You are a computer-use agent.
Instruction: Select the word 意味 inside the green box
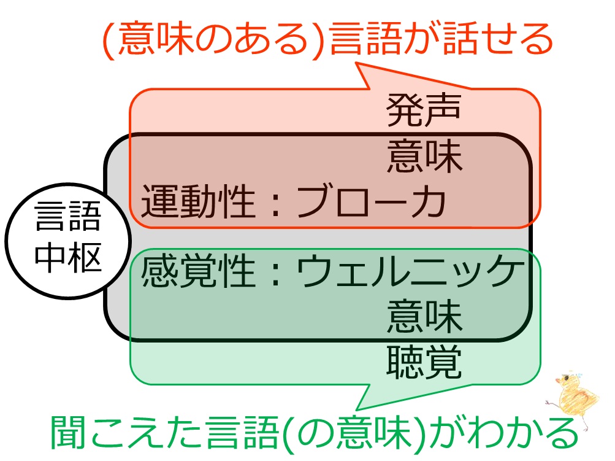click(x=424, y=318)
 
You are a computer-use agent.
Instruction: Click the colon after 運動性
click(x=276, y=204)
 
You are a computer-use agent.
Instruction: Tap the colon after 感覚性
click(x=276, y=274)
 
